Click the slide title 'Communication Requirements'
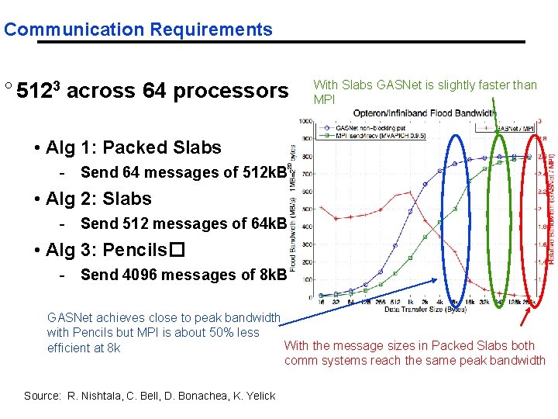(x=138, y=30)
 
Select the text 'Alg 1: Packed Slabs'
(x=133, y=147)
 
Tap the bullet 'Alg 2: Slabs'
(x=98, y=199)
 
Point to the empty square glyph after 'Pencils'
(x=175, y=251)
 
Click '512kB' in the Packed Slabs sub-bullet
(x=263, y=173)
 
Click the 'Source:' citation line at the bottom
(x=150, y=396)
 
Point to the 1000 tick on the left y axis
(x=306, y=121)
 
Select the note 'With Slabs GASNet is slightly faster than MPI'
(x=425, y=92)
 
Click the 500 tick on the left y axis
(x=308, y=208)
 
